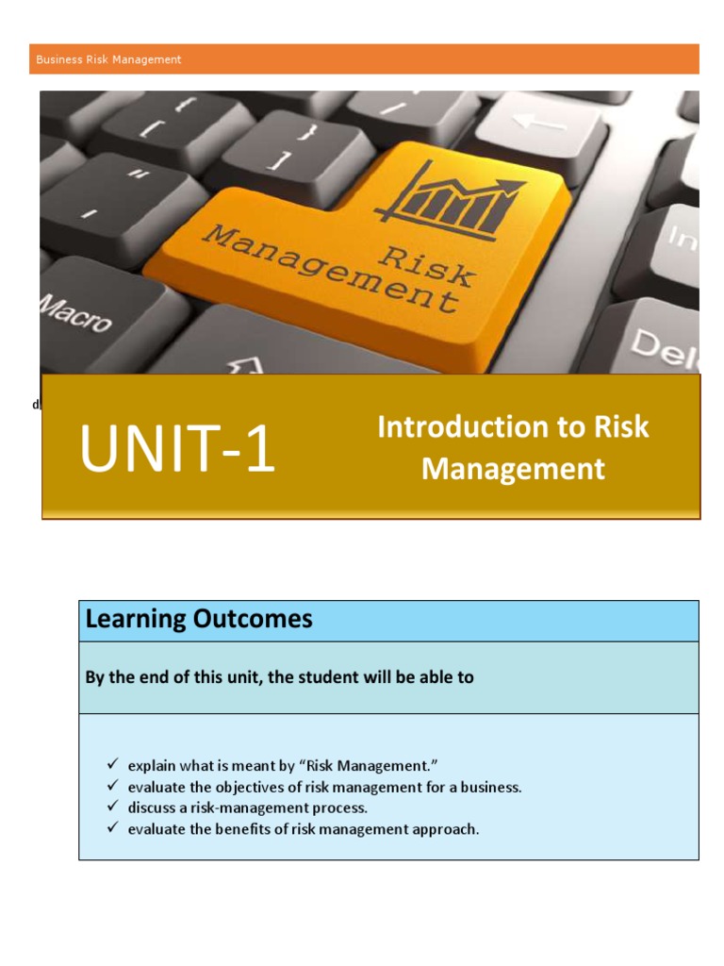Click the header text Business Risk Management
pos(108,59)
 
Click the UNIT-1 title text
pos(177,449)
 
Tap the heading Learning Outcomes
pos(199,620)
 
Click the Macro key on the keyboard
pos(75,312)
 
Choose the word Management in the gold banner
pos(513,469)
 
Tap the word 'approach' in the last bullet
pos(445,830)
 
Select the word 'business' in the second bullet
pos(491,787)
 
